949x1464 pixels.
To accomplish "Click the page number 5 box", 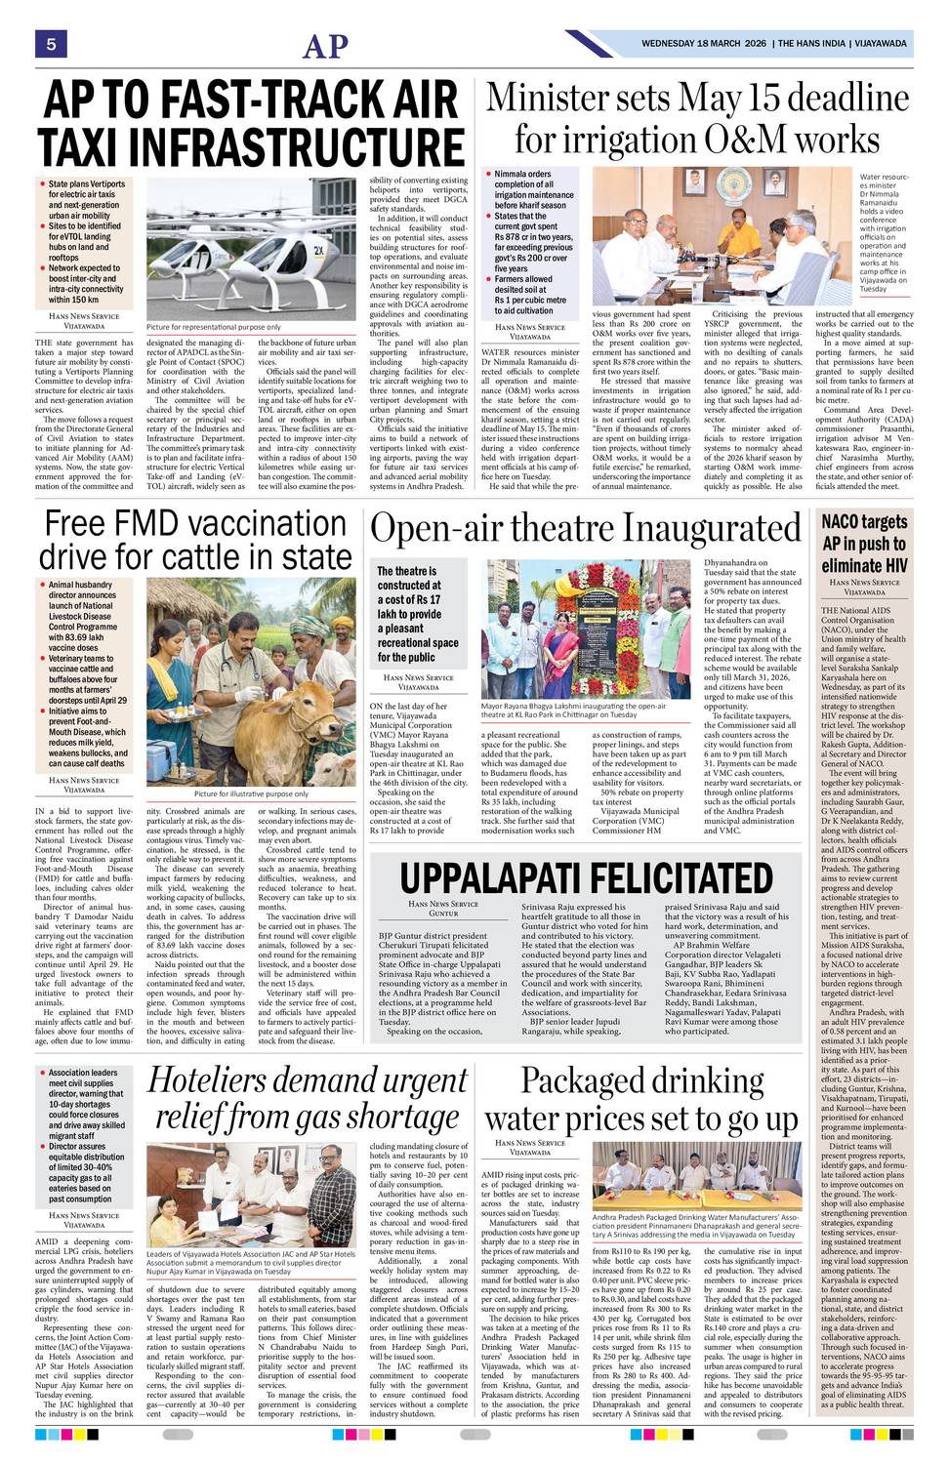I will pos(50,44).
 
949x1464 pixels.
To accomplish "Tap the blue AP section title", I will pos(325,46).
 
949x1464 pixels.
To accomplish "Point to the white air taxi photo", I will pos(251,249).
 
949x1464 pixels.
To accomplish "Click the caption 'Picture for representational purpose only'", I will pos(213,327).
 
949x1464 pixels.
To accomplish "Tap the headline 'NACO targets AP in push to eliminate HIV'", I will pos(864,544).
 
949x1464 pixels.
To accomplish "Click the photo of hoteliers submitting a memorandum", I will pos(251,1194).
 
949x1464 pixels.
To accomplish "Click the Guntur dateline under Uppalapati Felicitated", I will pos(443,914).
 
